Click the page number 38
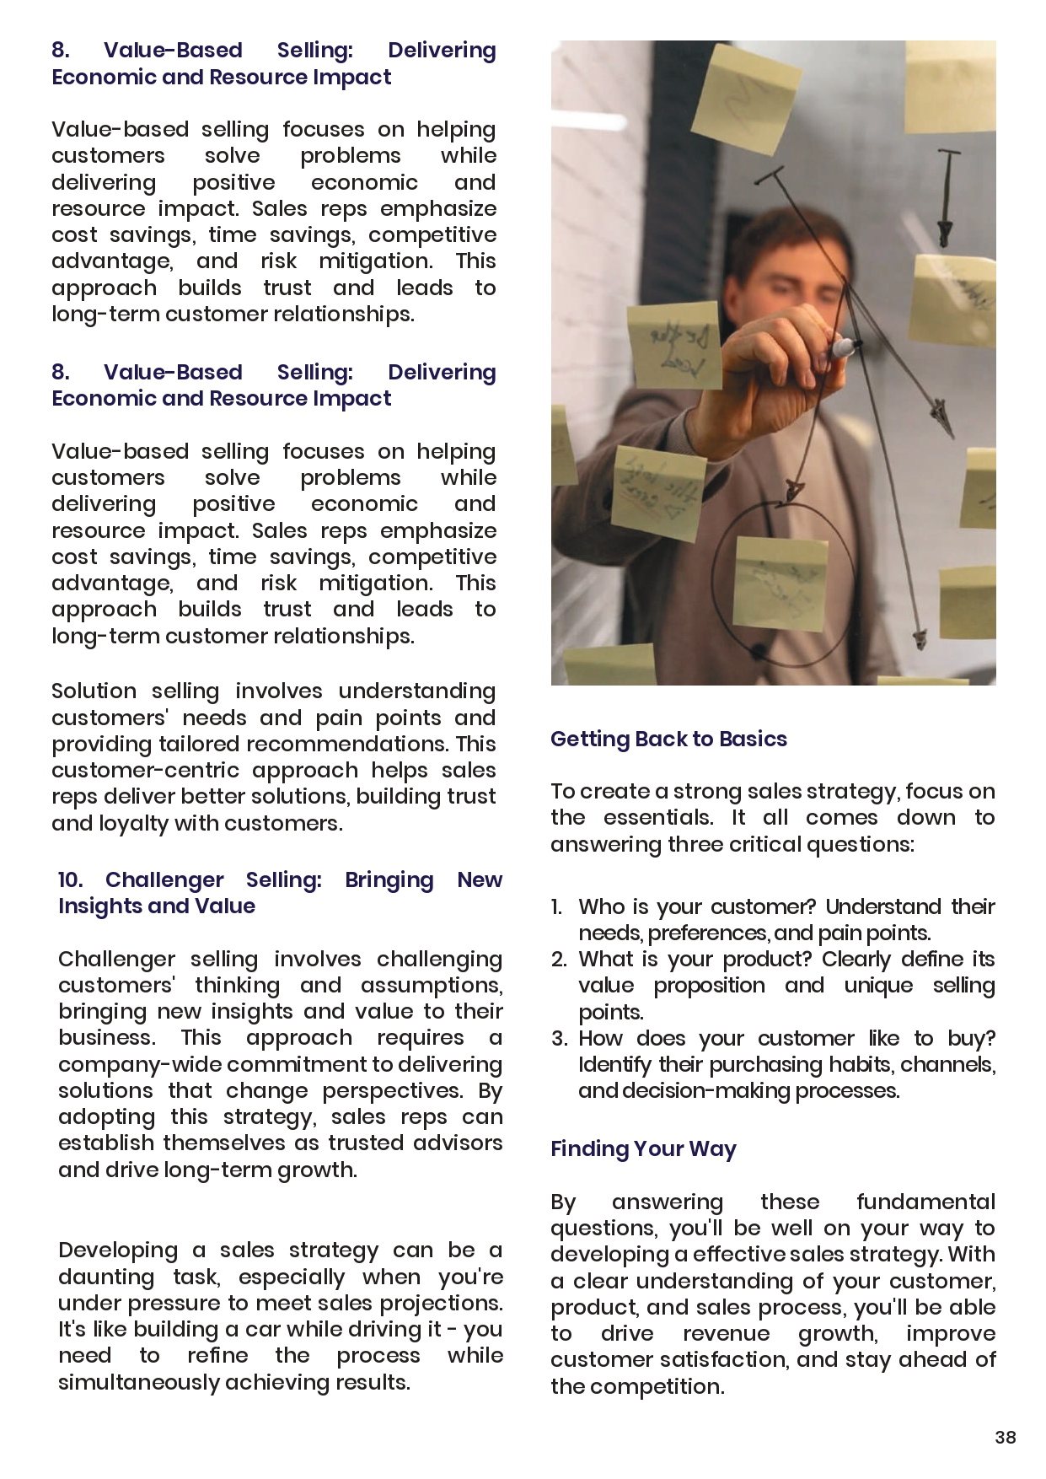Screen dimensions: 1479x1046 point(1005,1438)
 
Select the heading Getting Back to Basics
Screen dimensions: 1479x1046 point(668,739)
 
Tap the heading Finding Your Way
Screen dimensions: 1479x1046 point(643,1149)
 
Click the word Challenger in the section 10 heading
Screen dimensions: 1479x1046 point(164,879)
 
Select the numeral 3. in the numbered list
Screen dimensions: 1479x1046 point(560,1038)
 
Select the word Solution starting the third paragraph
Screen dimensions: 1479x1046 point(93,691)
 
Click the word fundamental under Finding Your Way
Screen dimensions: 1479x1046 point(925,1202)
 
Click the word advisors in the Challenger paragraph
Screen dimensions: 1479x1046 point(463,1143)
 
